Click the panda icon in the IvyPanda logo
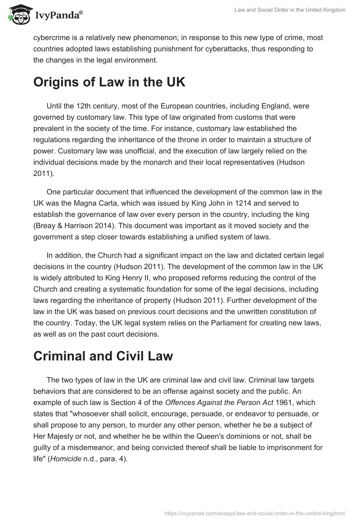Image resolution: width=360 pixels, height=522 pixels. click(x=18, y=15)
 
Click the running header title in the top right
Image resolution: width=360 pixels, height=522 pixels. click(x=290, y=10)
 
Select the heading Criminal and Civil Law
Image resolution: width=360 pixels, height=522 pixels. click(x=103, y=355)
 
